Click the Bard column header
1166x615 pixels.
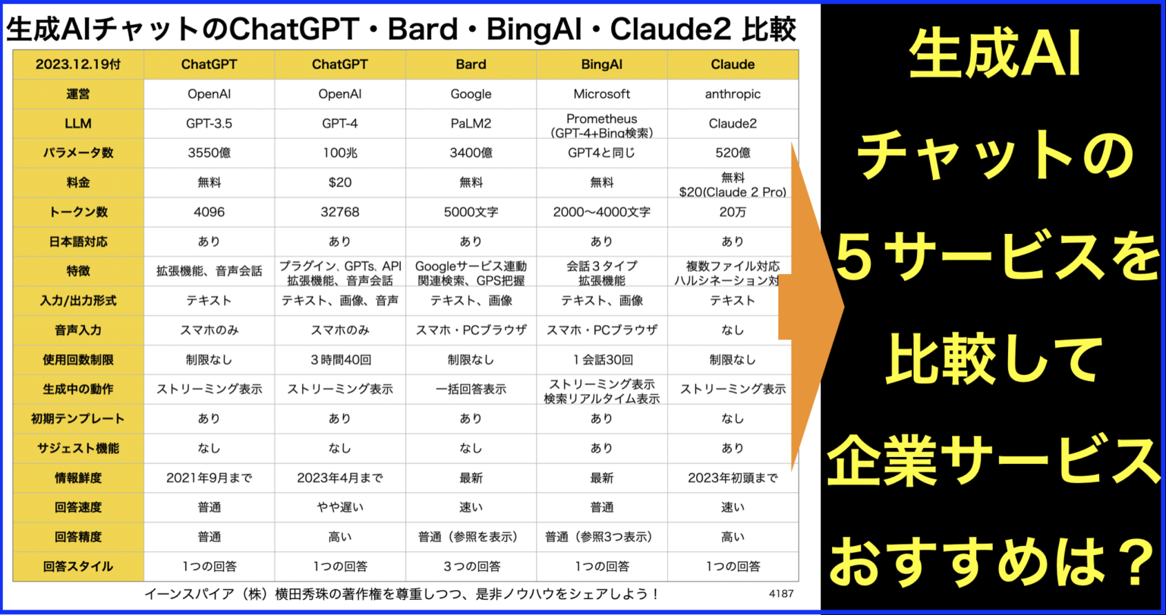pyautogui.click(x=471, y=65)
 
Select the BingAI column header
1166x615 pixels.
pyautogui.click(x=602, y=65)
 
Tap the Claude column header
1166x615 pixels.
pyautogui.click(x=733, y=65)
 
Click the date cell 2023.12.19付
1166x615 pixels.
pyautogui.click(x=78, y=65)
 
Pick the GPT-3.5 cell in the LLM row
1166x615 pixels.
pyautogui.click(x=209, y=124)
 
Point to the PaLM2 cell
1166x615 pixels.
pyautogui.click(x=471, y=124)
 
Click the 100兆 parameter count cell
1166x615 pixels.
pyautogui.click(x=340, y=153)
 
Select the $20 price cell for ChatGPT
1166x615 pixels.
pyautogui.click(x=340, y=182)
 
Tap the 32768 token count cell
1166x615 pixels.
pyautogui.click(x=340, y=212)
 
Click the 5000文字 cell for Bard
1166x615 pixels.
pyautogui.click(x=471, y=212)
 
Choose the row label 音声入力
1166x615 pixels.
pyautogui.click(x=78, y=330)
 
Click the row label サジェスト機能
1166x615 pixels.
pyautogui.click(x=78, y=448)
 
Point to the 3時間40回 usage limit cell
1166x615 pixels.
pyautogui.click(x=340, y=360)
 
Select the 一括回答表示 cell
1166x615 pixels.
pyautogui.click(x=471, y=389)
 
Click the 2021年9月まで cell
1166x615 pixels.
pyautogui.click(x=209, y=478)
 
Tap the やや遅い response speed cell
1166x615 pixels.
pyautogui.click(x=340, y=507)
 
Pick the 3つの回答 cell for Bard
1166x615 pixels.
pyautogui.click(x=471, y=566)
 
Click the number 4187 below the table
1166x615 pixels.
pyautogui.click(x=780, y=594)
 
